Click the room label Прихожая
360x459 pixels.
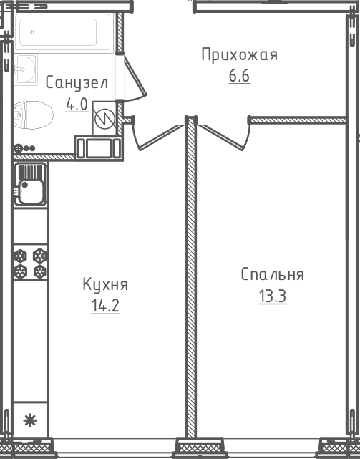coord(240,54)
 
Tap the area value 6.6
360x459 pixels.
coord(240,76)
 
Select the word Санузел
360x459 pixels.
coord(77,83)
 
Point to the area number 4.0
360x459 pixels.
coord(77,105)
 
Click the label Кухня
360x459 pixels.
coord(105,284)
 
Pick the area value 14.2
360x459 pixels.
coord(105,306)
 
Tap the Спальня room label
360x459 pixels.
coord(273,274)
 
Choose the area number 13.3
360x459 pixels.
coord(273,296)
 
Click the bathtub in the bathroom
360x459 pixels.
coord(64,33)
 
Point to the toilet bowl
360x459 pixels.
coord(33,115)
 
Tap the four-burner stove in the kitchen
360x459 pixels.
coord(31,263)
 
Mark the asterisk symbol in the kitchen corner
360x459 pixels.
coord(30,420)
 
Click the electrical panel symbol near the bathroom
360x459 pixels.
coord(104,118)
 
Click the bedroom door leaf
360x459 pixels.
coord(220,137)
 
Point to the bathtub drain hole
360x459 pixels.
coord(32,32)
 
